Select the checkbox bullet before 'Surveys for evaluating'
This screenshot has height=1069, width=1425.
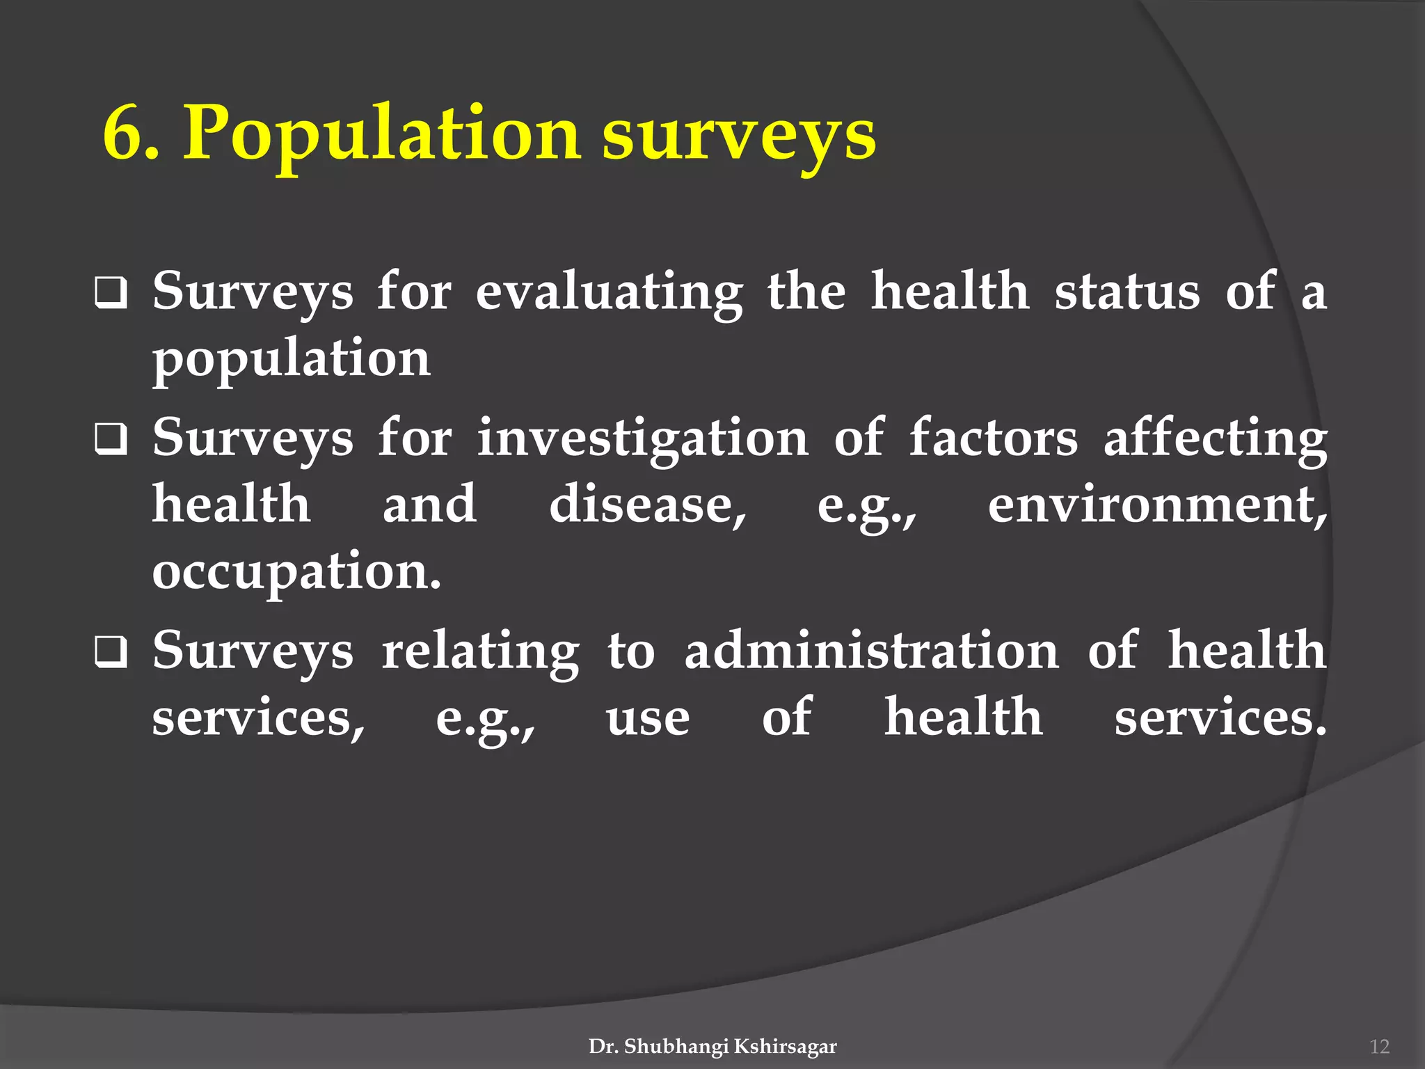click(x=111, y=292)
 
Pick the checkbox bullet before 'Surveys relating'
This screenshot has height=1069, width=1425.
click(x=111, y=653)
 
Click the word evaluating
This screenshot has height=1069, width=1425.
click(x=609, y=292)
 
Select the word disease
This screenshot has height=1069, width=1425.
click(x=647, y=505)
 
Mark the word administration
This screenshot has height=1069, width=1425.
click(x=871, y=651)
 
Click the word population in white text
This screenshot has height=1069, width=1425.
click(x=292, y=359)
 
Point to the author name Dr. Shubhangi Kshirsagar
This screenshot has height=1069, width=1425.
click(x=712, y=1046)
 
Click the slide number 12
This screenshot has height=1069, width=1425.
click(x=1378, y=1047)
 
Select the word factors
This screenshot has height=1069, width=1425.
click(x=994, y=438)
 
